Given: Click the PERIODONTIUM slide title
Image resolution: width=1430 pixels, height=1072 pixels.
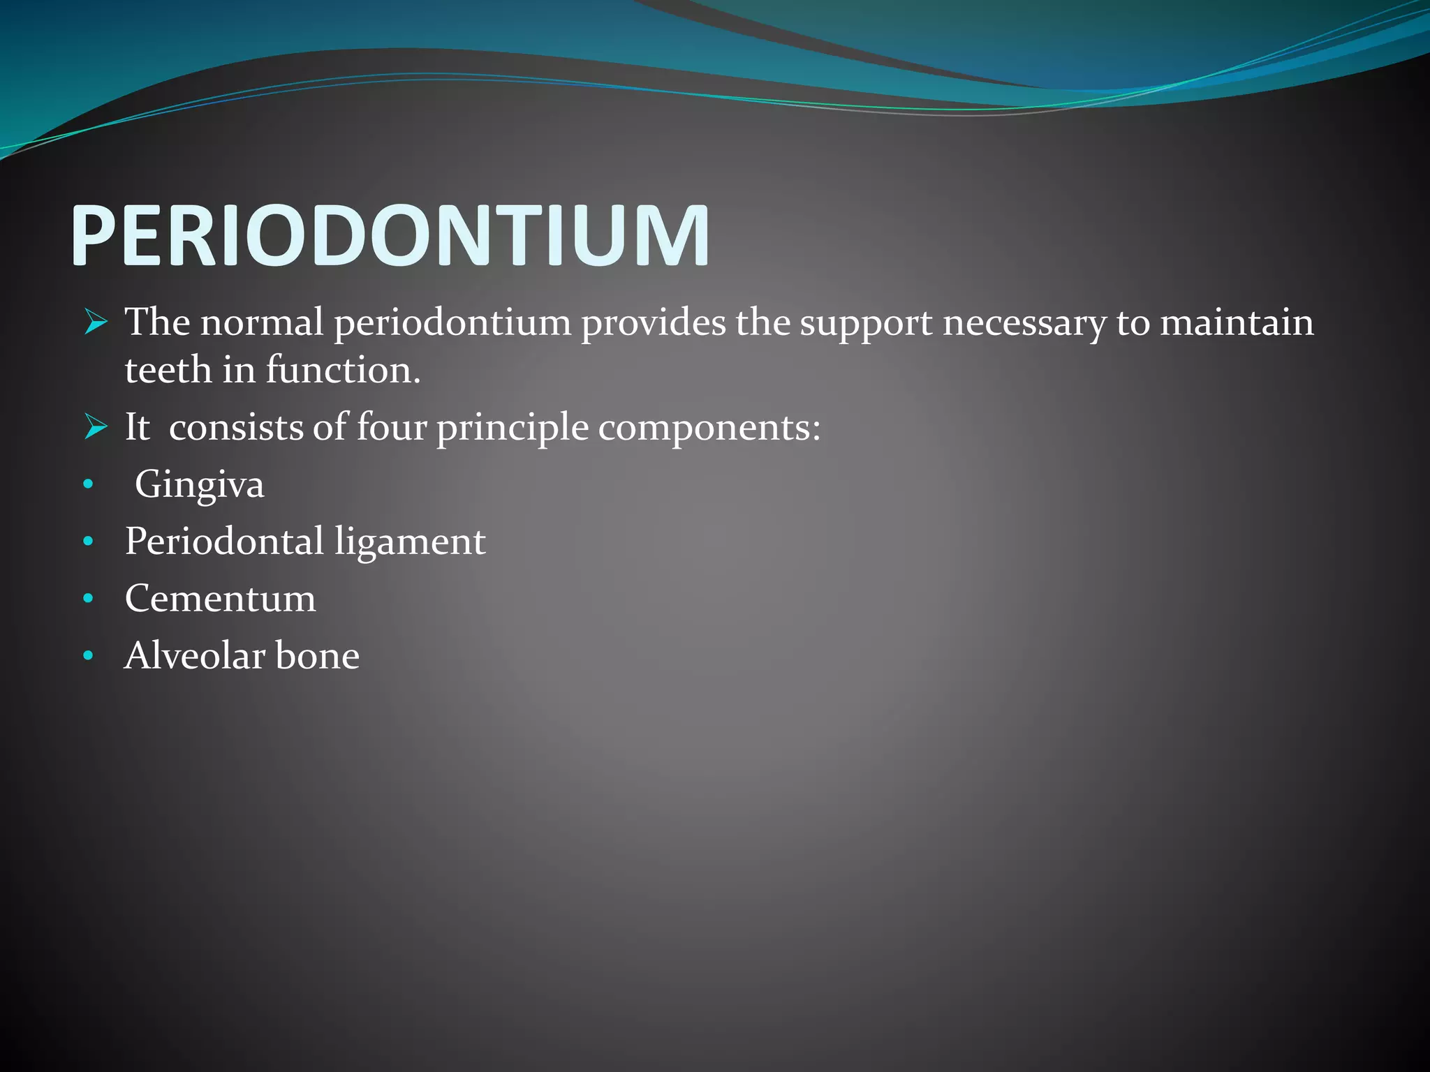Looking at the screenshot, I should point(390,236).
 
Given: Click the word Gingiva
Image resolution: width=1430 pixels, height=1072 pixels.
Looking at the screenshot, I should point(199,484).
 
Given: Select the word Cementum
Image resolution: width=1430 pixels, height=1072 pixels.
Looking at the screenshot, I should point(220,599).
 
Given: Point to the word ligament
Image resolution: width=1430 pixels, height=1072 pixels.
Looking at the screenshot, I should point(409,542).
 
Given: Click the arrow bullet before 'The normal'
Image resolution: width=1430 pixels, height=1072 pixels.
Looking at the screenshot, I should point(96,323).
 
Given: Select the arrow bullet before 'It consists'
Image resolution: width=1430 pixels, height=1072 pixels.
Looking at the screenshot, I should point(96,426).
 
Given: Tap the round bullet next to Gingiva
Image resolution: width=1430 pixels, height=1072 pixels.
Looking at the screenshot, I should point(87,484).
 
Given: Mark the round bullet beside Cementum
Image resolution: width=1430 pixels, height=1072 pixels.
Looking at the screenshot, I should point(87,599).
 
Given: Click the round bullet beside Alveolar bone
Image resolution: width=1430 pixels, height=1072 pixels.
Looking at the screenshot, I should point(87,656).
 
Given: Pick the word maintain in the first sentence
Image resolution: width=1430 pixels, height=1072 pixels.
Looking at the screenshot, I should point(1237,323).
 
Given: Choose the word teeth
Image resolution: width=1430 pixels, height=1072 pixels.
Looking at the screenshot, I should point(168,370).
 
